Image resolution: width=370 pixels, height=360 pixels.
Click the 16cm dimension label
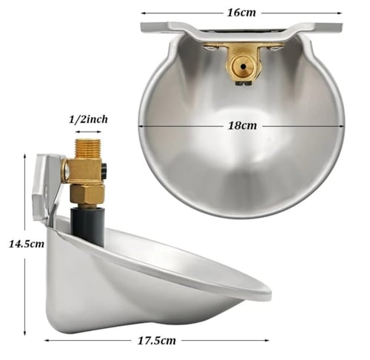[241, 13]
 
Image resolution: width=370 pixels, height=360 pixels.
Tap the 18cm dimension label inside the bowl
[242, 126]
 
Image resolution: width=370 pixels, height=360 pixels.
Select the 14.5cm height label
[27, 244]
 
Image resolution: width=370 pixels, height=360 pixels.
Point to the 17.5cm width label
[157, 341]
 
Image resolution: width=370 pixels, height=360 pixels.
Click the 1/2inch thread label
[88, 120]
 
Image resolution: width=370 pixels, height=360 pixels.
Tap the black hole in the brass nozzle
[243, 66]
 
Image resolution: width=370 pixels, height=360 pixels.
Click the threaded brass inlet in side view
[88, 149]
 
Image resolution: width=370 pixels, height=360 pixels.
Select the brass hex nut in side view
[87, 194]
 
